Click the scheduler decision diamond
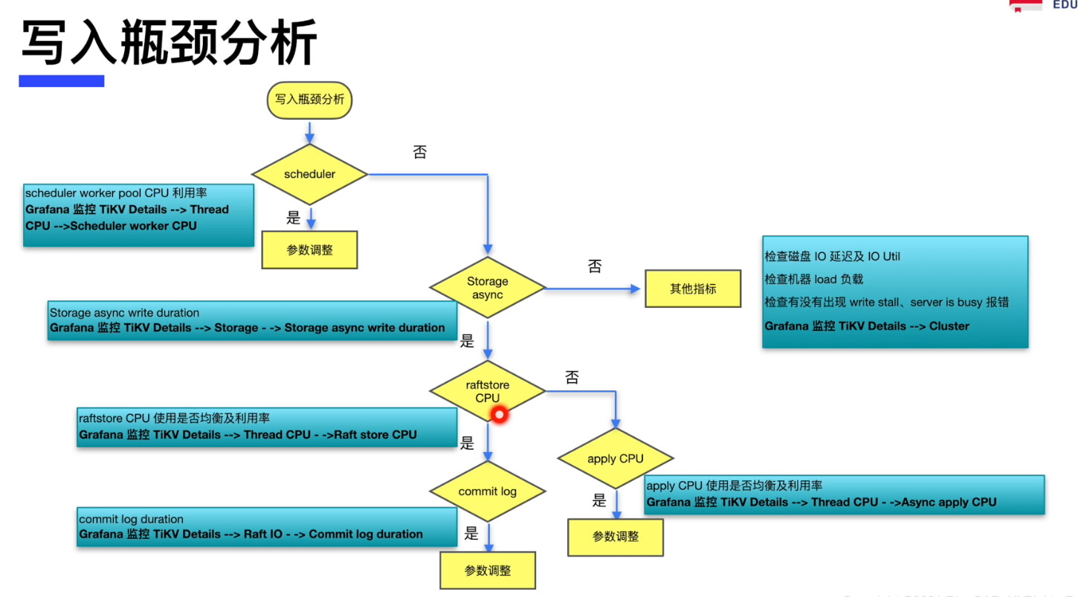click(x=309, y=175)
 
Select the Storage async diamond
click(x=488, y=288)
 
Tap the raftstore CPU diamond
click(x=488, y=391)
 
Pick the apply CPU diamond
click(x=616, y=459)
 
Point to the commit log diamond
click(x=488, y=491)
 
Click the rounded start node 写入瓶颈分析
click(x=309, y=100)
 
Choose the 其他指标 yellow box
click(x=693, y=288)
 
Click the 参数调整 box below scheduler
click(x=309, y=250)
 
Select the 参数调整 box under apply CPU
click(x=616, y=537)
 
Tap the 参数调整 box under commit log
click(x=488, y=570)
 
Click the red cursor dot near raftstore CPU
click(x=499, y=415)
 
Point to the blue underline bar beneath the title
click(x=62, y=81)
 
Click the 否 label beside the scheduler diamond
click(x=420, y=152)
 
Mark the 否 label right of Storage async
click(x=595, y=266)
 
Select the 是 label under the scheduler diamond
click(x=294, y=218)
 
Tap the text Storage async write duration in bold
click(x=364, y=328)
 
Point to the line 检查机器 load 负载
click(x=814, y=280)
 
